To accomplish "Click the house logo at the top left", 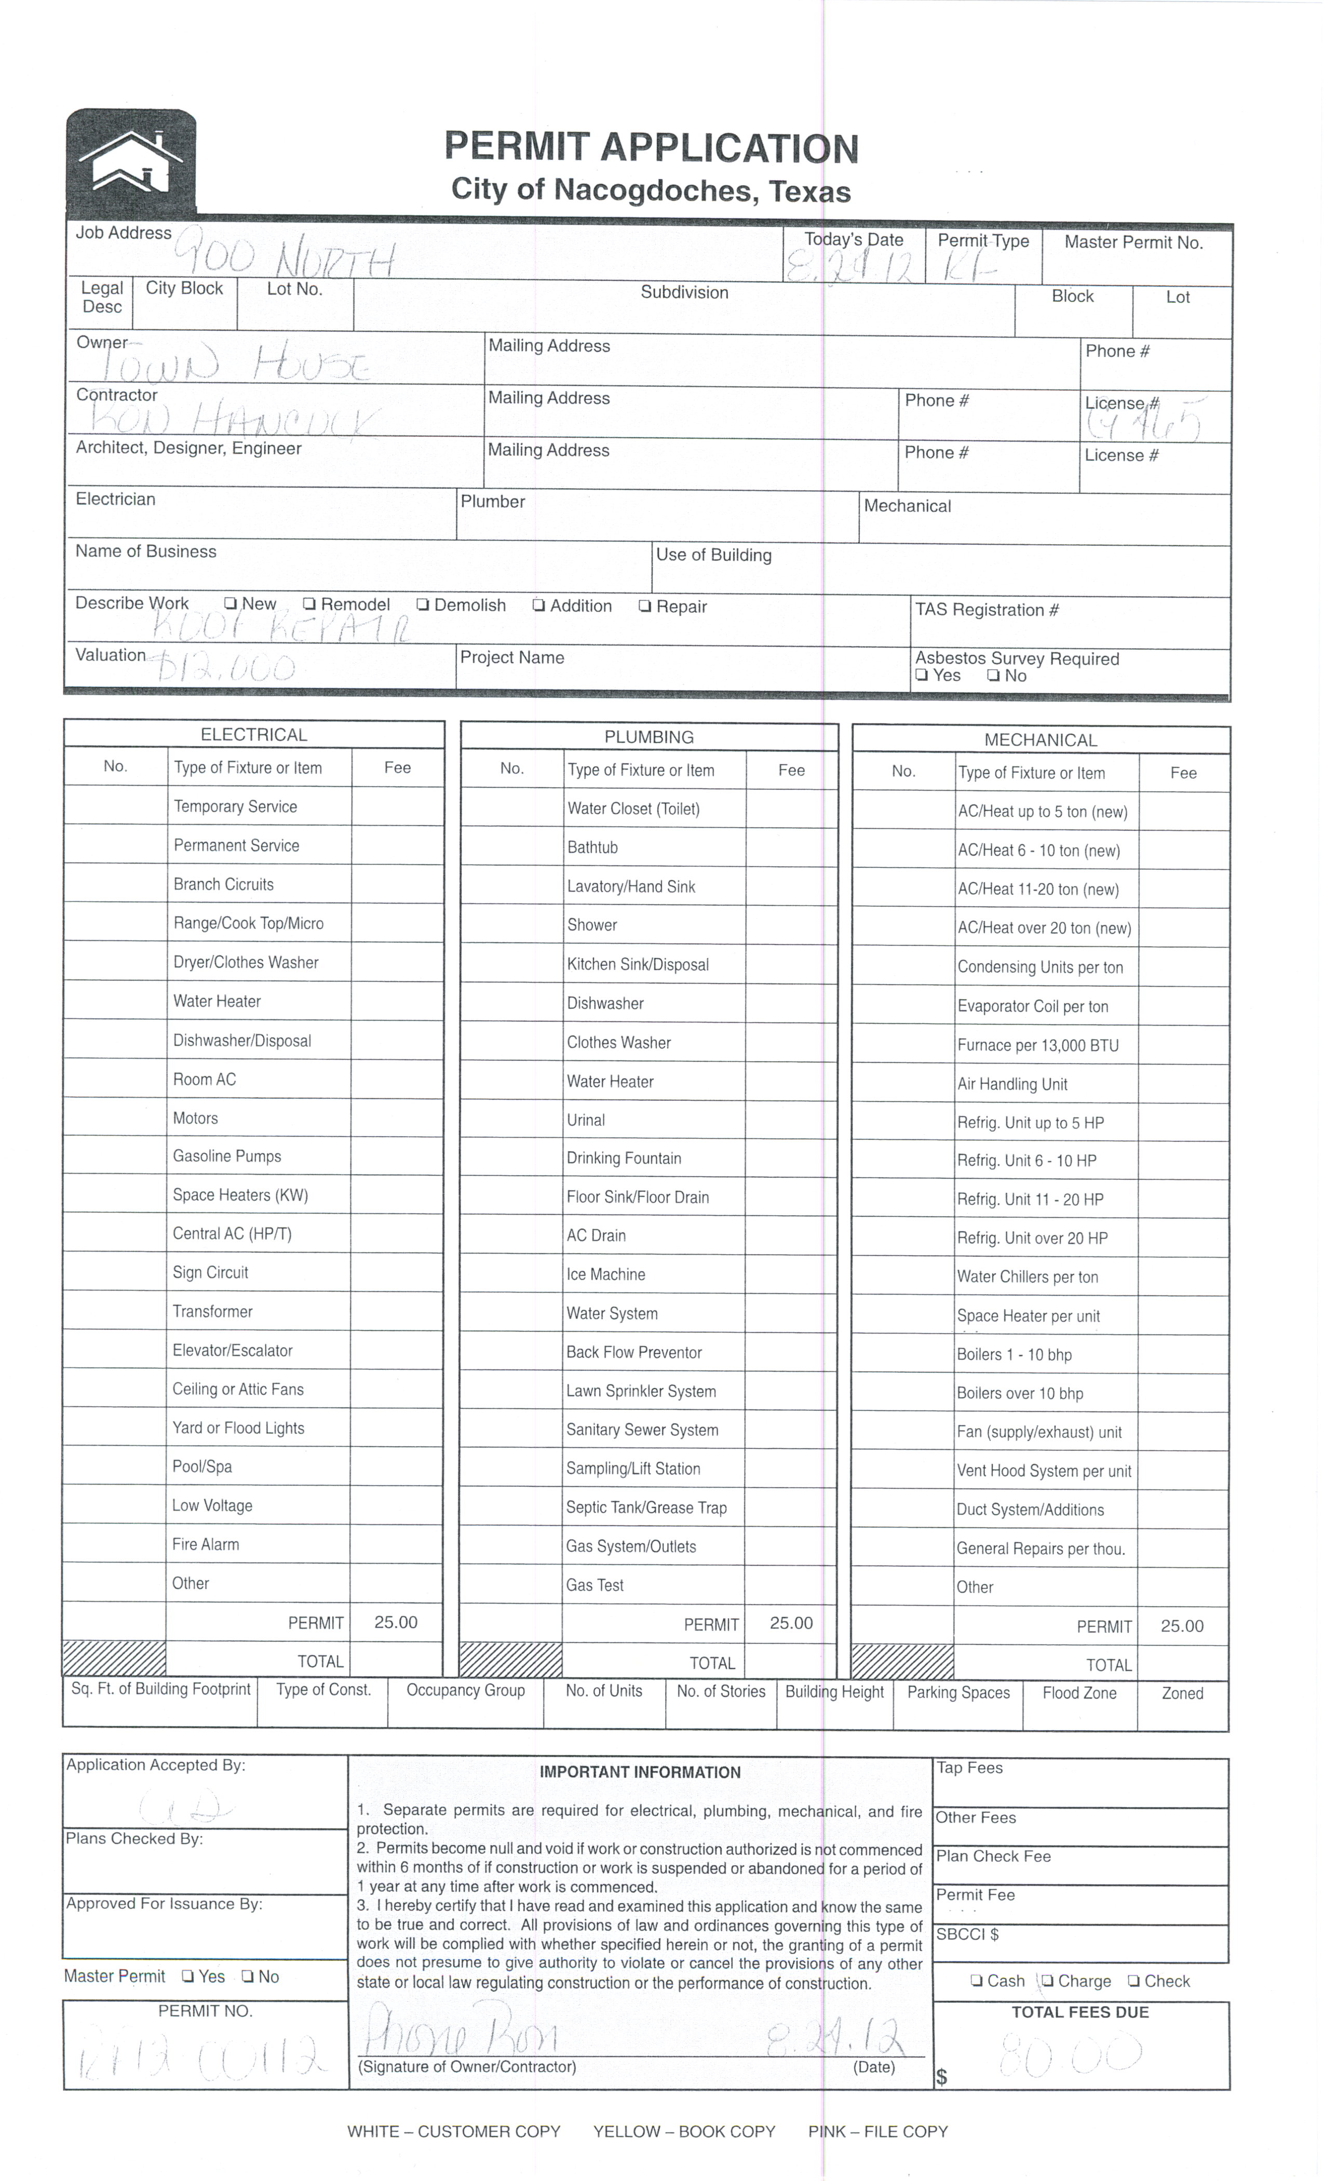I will pyautogui.click(x=131, y=163).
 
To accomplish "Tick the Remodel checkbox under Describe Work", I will pyautogui.click(x=309, y=604).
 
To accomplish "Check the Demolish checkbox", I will pyautogui.click(x=423, y=605).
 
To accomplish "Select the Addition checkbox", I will pyautogui.click(x=538, y=607).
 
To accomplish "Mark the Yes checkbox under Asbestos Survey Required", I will pyautogui.click(x=921, y=676).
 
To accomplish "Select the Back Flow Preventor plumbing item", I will pyautogui.click(x=633, y=1353).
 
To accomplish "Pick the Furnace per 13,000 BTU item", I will pyautogui.click(x=1037, y=1045).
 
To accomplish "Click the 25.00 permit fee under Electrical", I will pyautogui.click(x=396, y=1622).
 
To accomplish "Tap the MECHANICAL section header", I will pyautogui.click(x=1040, y=740).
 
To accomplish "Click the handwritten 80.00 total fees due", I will pyautogui.click(x=1070, y=2055).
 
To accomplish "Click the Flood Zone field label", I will pyautogui.click(x=1079, y=1693).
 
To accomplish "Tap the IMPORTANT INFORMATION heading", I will pyautogui.click(x=640, y=1772).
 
